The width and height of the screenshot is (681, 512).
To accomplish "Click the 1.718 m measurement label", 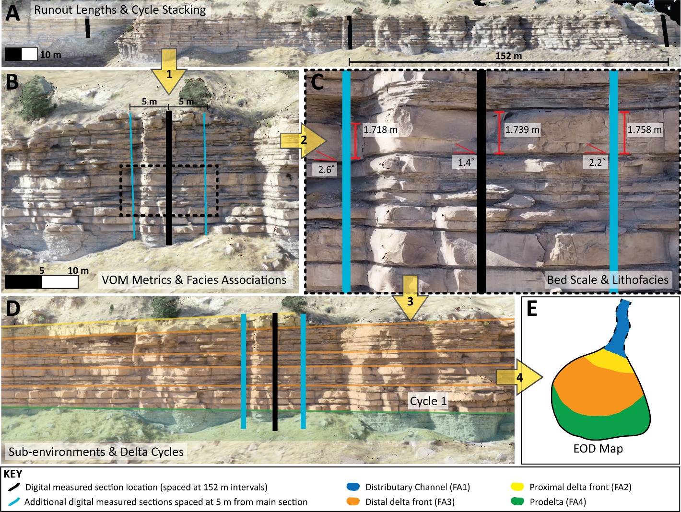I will point(380,130).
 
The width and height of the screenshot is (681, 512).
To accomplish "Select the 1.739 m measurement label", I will point(522,130).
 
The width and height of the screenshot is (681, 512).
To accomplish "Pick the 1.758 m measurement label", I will point(645,130).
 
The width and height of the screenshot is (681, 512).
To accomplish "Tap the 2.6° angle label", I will point(326,170).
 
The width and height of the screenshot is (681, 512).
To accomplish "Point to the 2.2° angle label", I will point(596,163).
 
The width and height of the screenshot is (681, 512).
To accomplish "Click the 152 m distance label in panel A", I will point(508,56).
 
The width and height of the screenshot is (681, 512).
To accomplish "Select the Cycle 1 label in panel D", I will point(428,401).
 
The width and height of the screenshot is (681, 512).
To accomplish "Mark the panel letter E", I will point(531,309).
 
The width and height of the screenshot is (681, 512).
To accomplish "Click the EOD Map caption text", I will point(598,449).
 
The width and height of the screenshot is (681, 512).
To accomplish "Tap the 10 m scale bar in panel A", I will point(22,54).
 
